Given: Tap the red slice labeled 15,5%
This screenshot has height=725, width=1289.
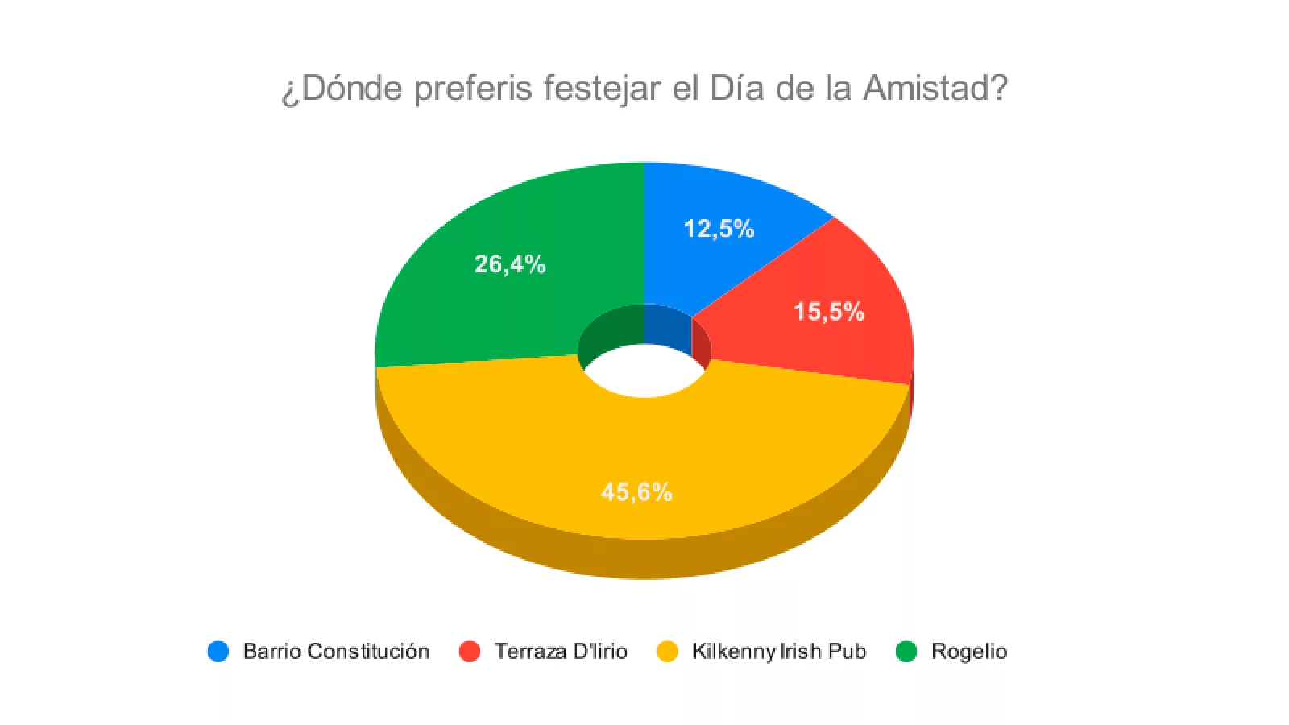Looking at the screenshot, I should [x=838, y=338].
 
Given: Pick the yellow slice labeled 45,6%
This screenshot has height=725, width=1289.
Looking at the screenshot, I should [x=564, y=451].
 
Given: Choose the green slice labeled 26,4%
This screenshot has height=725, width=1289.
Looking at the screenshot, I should [x=483, y=306].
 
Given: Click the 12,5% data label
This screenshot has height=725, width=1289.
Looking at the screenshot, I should [x=719, y=229].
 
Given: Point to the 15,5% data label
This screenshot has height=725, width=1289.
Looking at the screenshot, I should [x=828, y=312].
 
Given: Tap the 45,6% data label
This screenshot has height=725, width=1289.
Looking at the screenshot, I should [x=636, y=491].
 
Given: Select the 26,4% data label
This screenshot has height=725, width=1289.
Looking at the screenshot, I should [x=510, y=264].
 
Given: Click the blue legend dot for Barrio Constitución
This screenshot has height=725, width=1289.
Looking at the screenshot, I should [x=218, y=651].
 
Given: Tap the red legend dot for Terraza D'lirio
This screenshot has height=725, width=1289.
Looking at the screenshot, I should [x=469, y=651].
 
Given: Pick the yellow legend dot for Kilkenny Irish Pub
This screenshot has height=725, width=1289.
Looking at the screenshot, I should [x=668, y=651].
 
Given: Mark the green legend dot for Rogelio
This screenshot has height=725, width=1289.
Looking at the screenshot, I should [x=906, y=651].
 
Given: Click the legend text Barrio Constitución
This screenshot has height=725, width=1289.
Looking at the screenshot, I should [x=336, y=651].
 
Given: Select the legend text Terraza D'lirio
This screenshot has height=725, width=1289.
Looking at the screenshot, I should [x=561, y=651].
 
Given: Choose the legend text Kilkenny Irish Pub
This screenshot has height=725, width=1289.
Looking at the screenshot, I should [x=779, y=651].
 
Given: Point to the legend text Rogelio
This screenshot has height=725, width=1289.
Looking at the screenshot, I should [x=969, y=651].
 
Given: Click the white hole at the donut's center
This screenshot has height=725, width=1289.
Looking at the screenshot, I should [x=644, y=372].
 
